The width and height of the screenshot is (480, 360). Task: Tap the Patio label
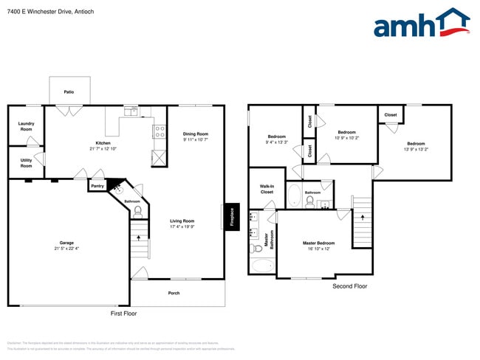tap(69, 92)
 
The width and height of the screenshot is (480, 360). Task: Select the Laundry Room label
tap(26, 126)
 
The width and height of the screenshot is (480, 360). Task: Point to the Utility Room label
tap(26, 163)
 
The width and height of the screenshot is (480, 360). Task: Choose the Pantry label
tap(97, 187)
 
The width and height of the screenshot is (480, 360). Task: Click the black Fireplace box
tap(231, 217)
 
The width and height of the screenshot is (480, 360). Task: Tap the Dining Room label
tap(196, 134)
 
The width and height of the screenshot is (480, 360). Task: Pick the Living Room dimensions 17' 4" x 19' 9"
tap(182, 226)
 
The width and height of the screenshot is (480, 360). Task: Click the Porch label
tap(174, 293)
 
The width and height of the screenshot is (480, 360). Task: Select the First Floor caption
tap(123, 314)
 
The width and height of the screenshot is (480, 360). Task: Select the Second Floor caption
tap(349, 286)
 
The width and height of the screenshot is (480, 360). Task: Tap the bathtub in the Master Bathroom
tap(262, 265)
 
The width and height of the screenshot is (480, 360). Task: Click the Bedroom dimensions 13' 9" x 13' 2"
tap(416, 149)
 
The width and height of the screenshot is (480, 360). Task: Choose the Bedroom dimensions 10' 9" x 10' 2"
tap(346, 138)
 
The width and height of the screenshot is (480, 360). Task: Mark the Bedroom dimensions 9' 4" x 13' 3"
tap(277, 142)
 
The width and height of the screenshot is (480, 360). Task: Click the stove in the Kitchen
tap(158, 132)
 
